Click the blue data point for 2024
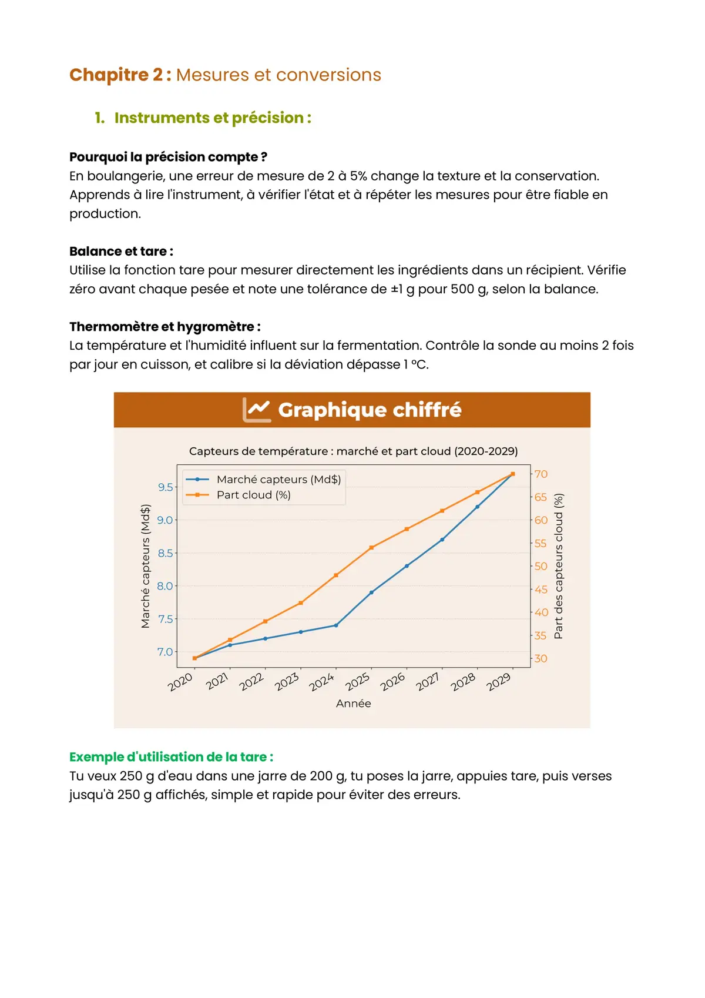coord(336,625)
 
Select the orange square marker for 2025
coord(371,548)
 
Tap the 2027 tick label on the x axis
coord(428,682)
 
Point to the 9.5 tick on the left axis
coord(166,487)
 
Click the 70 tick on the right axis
coord(541,474)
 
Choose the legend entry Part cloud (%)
coord(253,495)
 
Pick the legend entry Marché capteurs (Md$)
coord(278,480)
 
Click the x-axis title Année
coord(354,704)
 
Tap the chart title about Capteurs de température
coord(353,451)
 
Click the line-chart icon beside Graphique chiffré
coord(257,410)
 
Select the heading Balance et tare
coord(121,252)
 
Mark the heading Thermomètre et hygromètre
coord(164,327)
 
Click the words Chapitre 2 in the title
coord(117,75)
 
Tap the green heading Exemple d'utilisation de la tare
coord(171,757)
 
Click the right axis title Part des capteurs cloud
coord(559,566)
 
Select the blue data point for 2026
coord(407,566)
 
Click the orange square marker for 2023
coord(301,603)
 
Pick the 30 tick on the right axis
coord(540,659)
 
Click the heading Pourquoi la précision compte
coord(168,157)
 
